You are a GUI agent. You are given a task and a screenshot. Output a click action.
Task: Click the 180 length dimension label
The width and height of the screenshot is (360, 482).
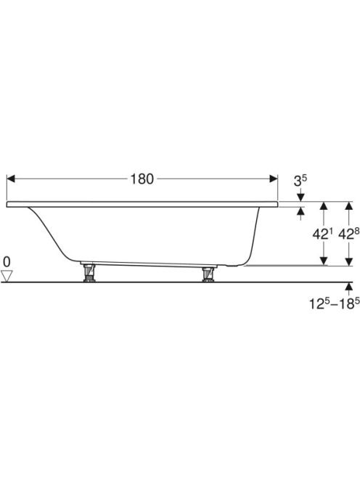[142, 179]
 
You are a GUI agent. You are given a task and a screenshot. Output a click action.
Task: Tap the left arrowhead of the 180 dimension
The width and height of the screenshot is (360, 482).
[11, 179]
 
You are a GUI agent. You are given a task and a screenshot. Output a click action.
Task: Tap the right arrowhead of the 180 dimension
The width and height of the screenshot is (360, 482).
[274, 179]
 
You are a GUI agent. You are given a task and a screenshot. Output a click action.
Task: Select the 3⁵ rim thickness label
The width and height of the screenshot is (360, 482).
[300, 180]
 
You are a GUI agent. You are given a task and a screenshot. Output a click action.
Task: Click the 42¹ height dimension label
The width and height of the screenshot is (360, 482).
[319, 234]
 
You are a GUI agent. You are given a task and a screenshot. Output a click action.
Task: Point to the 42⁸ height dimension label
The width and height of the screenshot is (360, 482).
[348, 234]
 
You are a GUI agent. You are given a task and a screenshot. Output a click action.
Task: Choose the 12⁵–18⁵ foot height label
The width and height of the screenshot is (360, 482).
[334, 303]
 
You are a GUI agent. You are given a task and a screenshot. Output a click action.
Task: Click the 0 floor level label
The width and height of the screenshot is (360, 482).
[7, 262]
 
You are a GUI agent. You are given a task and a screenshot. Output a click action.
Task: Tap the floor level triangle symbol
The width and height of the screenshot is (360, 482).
[7, 276]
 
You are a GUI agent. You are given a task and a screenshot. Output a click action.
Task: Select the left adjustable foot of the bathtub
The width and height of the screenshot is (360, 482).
[89, 273]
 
